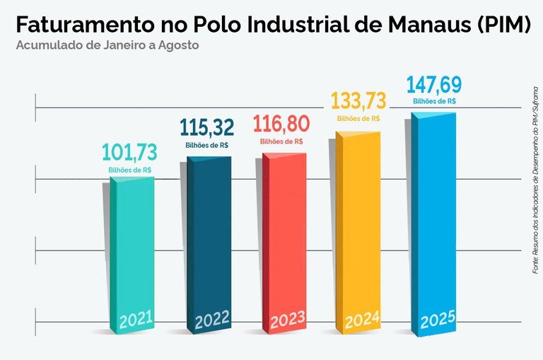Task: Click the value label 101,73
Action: (x=131, y=153)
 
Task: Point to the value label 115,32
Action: (x=206, y=127)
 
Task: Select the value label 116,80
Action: (x=281, y=124)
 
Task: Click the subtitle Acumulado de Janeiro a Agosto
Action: (x=107, y=46)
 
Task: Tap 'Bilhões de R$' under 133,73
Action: (x=358, y=119)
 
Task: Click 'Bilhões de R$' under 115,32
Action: (x=206, y=144)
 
